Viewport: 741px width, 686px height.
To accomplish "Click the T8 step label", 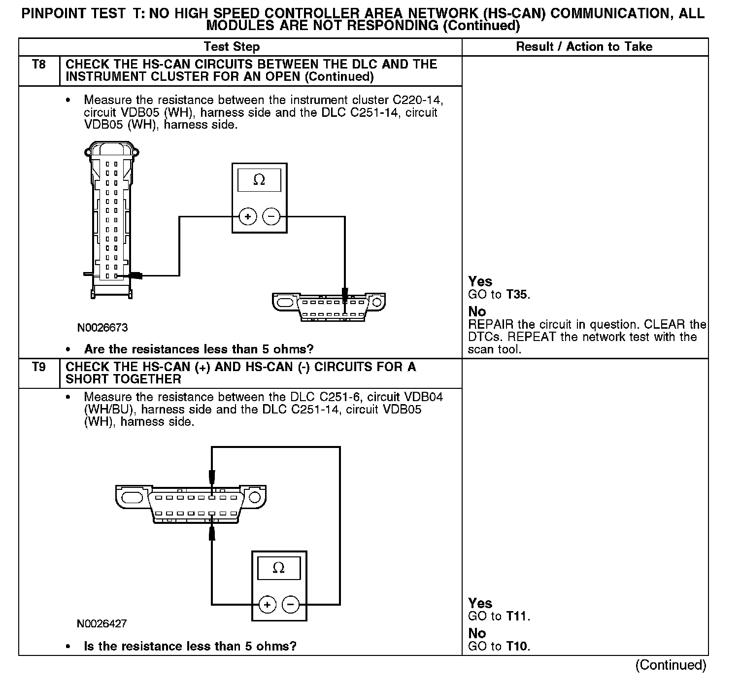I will [x=39, y=65].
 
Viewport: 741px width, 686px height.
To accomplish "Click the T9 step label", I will [x=39, y=367].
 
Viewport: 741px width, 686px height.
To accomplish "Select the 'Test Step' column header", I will [x=232, y=47].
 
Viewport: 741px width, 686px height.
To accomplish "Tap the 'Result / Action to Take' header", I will [x=584, y=47].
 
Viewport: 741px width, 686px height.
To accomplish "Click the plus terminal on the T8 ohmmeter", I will [x=248, y=217].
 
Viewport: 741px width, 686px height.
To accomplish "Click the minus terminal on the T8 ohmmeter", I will [x=271, y=217].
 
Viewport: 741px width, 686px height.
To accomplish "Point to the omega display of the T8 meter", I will [x=259, y=180].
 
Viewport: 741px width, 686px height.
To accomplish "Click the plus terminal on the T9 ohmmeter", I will [x=268, y=605].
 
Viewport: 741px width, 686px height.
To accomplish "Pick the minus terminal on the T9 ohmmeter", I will [x=291, y=605].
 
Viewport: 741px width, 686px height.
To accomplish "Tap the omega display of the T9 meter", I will [x=279, y=568].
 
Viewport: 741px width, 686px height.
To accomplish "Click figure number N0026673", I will [x=102, y=328].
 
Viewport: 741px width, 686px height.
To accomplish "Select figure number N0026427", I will [x=101, y=624].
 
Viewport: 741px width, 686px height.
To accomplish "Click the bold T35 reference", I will [x=517, y=295].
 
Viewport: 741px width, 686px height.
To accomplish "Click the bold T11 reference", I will [x=517, y=617].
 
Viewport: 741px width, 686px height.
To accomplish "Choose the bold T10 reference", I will [x=517, y=647].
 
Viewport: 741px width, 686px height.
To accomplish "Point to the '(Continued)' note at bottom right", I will [x=671, y=665].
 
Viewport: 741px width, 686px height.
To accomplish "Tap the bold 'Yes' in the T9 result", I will [x=480, y=603].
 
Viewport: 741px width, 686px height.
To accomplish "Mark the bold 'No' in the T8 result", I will [x=477, y=311].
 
